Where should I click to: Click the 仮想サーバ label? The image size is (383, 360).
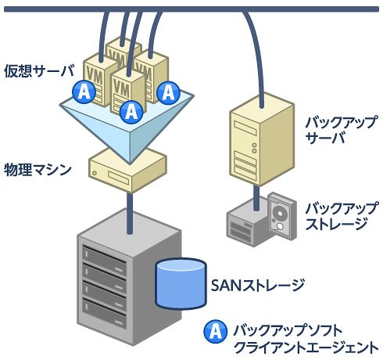tap(39, 71)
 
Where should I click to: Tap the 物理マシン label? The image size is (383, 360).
tap(38, 170)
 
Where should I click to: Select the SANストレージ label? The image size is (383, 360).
tap(258, 285)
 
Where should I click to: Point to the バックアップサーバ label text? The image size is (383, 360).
tap(341, 129)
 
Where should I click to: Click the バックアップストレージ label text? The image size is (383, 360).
tap(341, 215)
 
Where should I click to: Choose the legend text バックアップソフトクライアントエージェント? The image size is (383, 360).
tap(306, 338)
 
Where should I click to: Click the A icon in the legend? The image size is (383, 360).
tap(215, 331)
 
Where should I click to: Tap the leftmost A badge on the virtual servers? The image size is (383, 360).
tap(84, 92)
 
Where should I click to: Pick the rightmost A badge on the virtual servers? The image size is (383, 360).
tap(168, 92)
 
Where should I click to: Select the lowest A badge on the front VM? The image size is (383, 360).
tap(131, 112)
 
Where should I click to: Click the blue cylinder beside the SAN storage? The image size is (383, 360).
tap(181, 284)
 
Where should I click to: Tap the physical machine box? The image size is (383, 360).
tap(127, 170)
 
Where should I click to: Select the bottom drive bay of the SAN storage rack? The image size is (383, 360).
tap(104, 313)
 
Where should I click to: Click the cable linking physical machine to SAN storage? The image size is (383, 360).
tap(130, 214)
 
